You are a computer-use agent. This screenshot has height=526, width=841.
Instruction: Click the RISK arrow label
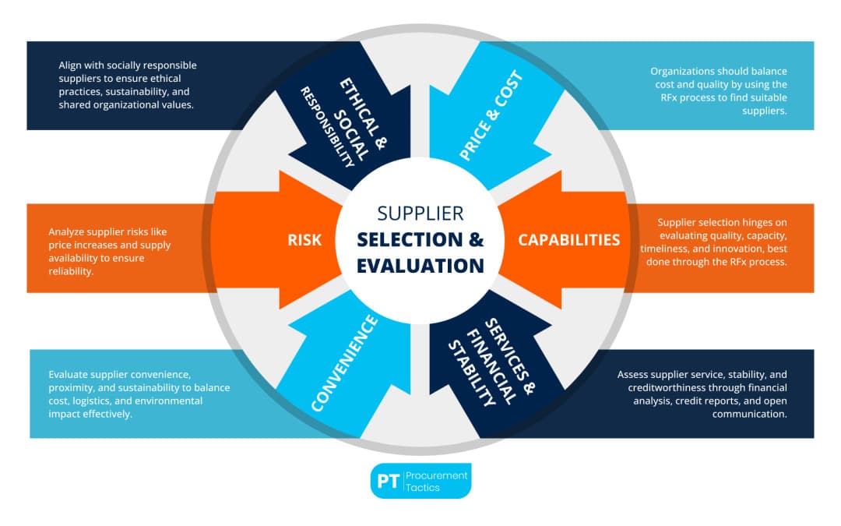click(x=304, y=239)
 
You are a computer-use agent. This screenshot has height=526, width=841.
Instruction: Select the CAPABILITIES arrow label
click(x=569, y=239)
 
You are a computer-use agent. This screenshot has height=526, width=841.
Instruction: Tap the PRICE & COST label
click(x=491, y=116)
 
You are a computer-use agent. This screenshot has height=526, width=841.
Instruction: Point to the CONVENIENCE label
click(x=344, y=362)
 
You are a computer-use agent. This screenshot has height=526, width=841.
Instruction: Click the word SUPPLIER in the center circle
click(x=420, y=213)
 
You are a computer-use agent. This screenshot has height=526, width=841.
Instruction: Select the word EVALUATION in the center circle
click(x=420, y=265)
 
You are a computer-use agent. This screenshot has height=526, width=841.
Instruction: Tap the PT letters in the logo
click(x=388, y=481)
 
